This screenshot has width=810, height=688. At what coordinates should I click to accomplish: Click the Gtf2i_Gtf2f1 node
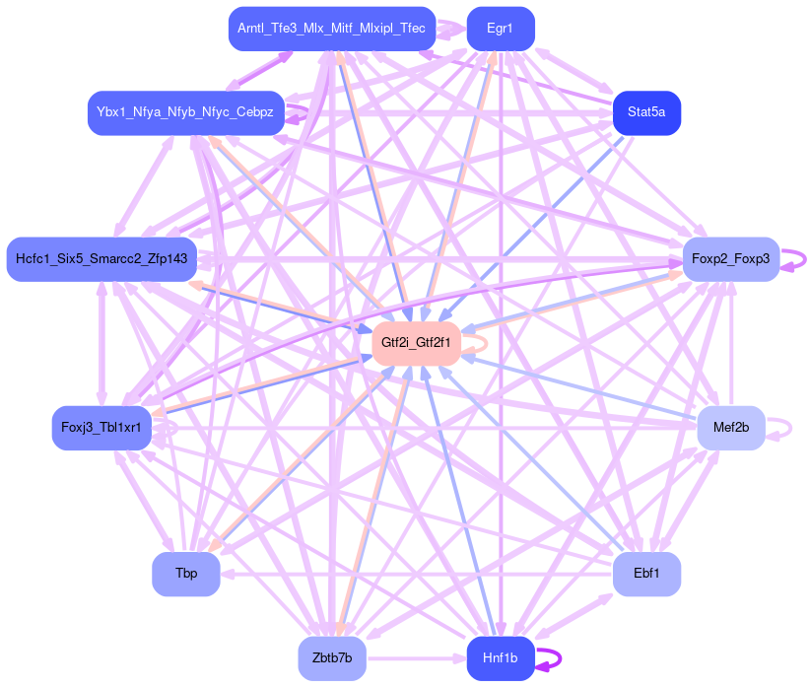point(417,343)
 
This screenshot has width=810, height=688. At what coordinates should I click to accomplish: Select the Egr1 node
point(500,29)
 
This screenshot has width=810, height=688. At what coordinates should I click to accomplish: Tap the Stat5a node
point(645,112)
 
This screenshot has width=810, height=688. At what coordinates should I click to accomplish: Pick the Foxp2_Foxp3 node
point(730,258)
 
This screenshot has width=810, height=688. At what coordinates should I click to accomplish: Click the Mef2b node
point(730,428)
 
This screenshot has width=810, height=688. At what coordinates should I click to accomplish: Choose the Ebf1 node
point(646,574)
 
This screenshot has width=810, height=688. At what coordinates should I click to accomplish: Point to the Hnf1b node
point(500,657)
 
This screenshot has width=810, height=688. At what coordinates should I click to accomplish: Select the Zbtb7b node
point(332,657)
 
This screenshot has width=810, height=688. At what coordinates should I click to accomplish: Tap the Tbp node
point(186,574)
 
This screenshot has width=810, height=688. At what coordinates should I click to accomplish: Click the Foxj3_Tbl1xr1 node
point(101,428)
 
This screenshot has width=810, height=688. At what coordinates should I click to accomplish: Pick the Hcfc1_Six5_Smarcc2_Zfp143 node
point(101,258)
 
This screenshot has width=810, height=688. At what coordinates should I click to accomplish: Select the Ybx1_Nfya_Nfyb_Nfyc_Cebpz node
point(186,112)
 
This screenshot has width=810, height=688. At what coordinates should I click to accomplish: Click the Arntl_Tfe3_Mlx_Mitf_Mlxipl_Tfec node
point(332,29)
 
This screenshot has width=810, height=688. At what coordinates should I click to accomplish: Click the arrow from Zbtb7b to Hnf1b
point(414,657)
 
